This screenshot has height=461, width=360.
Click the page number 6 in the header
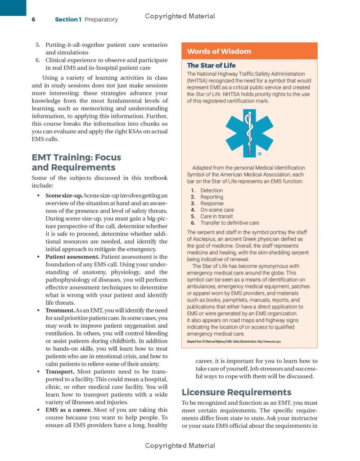[x=33, y=19]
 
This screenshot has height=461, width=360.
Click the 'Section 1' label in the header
[x=68, y=19]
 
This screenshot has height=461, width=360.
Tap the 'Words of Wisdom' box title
[x=219, y=51]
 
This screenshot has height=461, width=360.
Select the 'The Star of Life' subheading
[x=211, y=65]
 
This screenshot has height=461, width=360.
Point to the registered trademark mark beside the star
[x=260, y=154]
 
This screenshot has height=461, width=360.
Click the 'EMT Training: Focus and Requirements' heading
[x=76, y=163]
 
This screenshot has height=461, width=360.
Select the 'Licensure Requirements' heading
[x=236, y=392]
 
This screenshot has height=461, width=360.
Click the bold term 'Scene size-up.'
[x=64, y=195]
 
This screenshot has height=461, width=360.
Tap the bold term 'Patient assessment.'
[x=72, y=257]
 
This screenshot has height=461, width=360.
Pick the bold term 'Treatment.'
[x=60, y=310]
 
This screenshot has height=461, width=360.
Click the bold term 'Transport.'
[x=60, y=371]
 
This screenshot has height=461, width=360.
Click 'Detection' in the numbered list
[x=211, y=190]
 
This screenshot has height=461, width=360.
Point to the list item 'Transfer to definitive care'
[x=229, y=222]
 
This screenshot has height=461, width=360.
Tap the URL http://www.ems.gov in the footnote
[x=269, y=342]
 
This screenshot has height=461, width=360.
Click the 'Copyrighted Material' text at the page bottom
[x=180, y=446]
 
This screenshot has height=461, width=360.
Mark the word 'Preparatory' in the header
[x=101, y=19]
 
